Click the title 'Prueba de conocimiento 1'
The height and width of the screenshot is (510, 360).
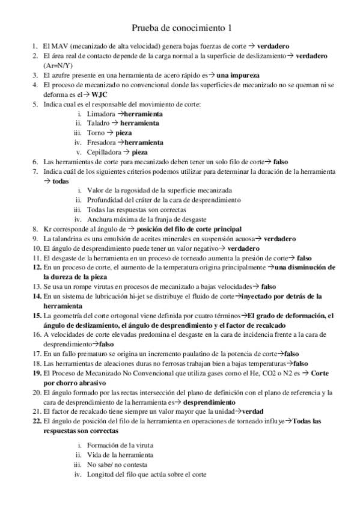pyautogui.click(x=181, y=28)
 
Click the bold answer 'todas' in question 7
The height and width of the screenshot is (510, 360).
pyautogui.click(x=61, y=181)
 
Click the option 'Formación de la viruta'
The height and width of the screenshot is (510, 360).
pyautogui.click(x=120, y=445)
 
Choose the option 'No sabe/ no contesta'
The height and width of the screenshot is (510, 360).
pyautogui.click(x=118, y=464)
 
